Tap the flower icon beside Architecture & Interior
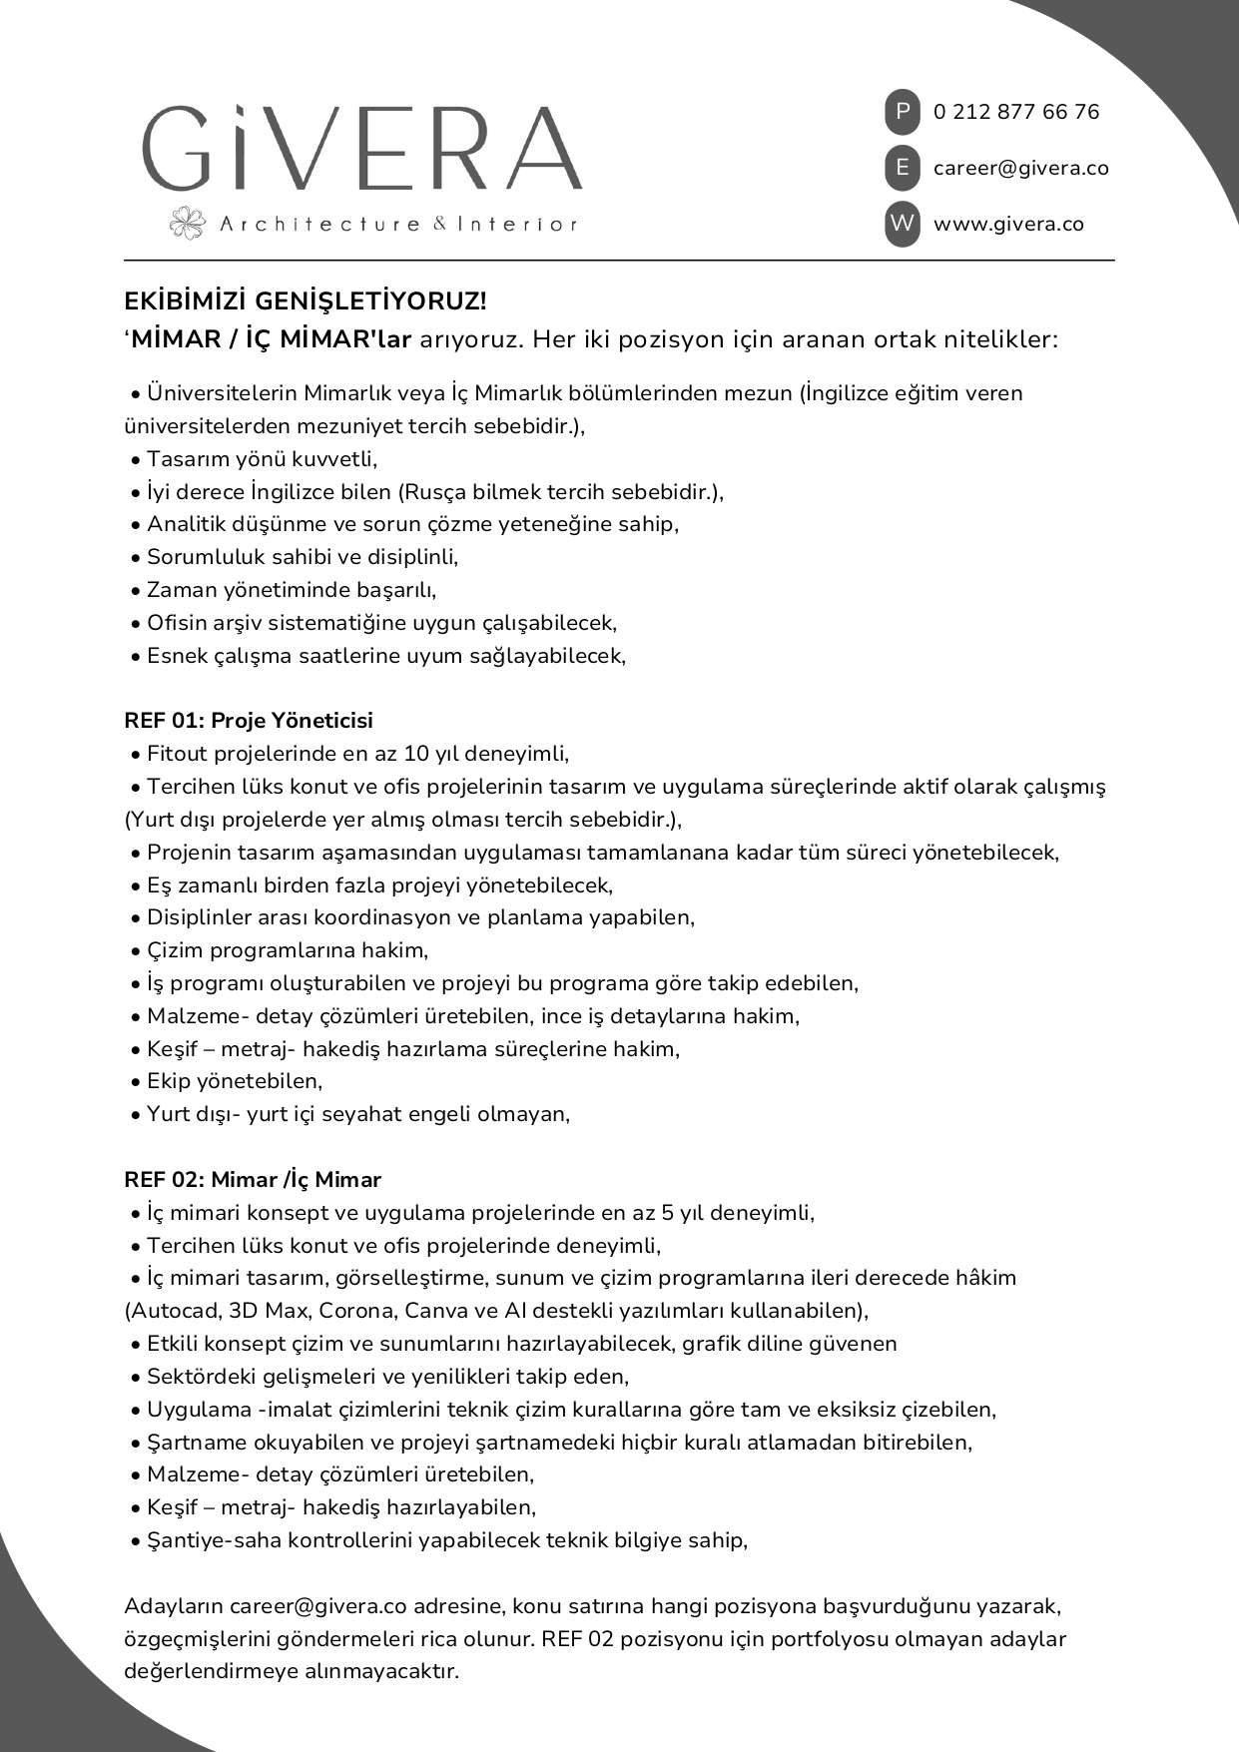click(187, 224)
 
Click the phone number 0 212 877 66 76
click(1015, 112)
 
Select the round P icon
click(902, 112)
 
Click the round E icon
click(902, 168)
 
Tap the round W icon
click(902, 224)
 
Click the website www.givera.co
click(1008, 224)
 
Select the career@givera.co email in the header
click(1020, 168)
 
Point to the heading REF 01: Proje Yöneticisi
click(249, 721)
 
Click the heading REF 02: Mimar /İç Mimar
click(253, 1180)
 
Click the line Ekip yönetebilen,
click(235, 1081)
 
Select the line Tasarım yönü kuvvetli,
click(262, 459)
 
